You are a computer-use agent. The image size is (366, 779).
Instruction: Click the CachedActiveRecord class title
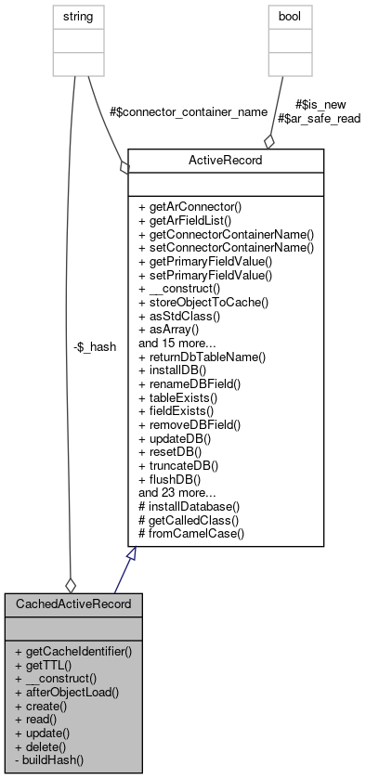point(72,604)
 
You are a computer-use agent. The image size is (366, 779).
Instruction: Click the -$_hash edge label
point(95,347)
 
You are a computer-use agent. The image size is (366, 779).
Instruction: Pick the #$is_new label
point(316,105)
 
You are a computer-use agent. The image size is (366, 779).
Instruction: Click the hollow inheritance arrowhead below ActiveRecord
point(133,554)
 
